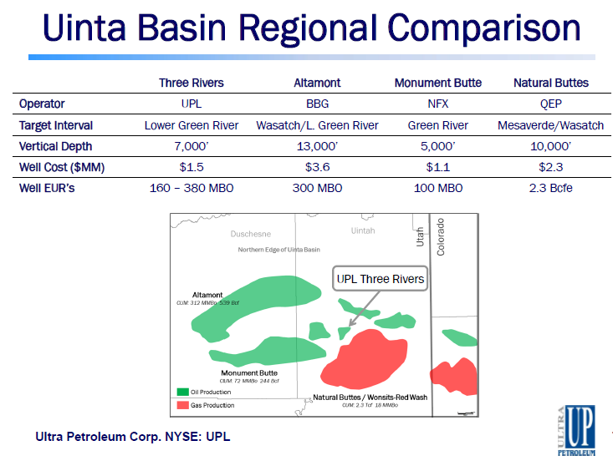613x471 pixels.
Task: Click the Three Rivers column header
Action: [192, 83]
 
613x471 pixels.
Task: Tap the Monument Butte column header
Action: [437, 83]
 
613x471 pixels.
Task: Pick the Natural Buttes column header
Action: [550, 83]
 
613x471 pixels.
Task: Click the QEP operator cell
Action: [550, 104]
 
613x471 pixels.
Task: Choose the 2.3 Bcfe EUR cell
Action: [550, 188]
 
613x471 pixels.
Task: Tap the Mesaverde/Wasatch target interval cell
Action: [550, 125]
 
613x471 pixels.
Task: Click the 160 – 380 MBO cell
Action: [192, 188]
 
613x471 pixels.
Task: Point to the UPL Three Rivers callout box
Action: [381, 279]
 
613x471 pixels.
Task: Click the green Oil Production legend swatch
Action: [182, 391]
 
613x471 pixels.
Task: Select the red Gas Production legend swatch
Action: [182, 405]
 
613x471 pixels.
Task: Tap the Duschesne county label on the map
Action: [251, 234]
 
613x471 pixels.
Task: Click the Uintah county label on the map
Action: [363, 230]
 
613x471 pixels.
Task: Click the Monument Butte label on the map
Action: [250, 372]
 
